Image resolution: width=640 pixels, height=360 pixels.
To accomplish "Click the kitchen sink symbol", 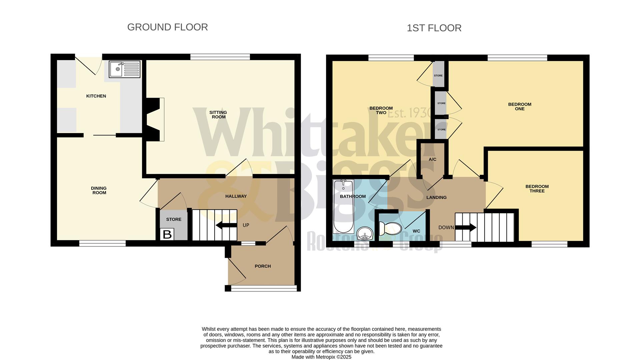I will tap(124, 69).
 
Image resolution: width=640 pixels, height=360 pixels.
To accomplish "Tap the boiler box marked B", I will tap(167, 234).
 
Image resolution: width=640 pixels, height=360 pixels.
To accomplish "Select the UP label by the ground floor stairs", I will tap(246, 225).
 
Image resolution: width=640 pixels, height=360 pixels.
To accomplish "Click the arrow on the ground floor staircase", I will tap(227, 225).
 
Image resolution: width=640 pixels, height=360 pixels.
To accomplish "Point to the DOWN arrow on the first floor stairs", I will tap(466, 228).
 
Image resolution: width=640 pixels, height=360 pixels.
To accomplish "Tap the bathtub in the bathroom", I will tap(343, 207).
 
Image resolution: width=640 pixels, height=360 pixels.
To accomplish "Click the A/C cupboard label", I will tap(432, 159).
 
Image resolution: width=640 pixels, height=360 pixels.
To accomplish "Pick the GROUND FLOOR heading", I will tap(167, 27).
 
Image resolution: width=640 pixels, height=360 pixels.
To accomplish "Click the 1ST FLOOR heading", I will tap(434, 28).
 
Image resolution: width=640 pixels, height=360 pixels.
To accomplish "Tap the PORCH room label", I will tap(263, 266).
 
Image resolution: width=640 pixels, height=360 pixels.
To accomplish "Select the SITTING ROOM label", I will tap(218, 115).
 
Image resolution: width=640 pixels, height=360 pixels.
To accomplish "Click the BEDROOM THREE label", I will tap(537, 189).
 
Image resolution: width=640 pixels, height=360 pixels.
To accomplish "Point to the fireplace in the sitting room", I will tap(155, 119).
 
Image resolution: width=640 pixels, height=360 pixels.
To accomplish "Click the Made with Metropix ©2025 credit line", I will tap(321, 357).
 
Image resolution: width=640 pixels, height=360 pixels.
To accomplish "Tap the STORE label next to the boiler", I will tap(174, 219).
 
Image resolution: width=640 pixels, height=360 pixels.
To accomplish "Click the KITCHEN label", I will tap(96, 96).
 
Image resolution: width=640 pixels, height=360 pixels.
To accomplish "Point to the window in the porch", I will tap(264, 288).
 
